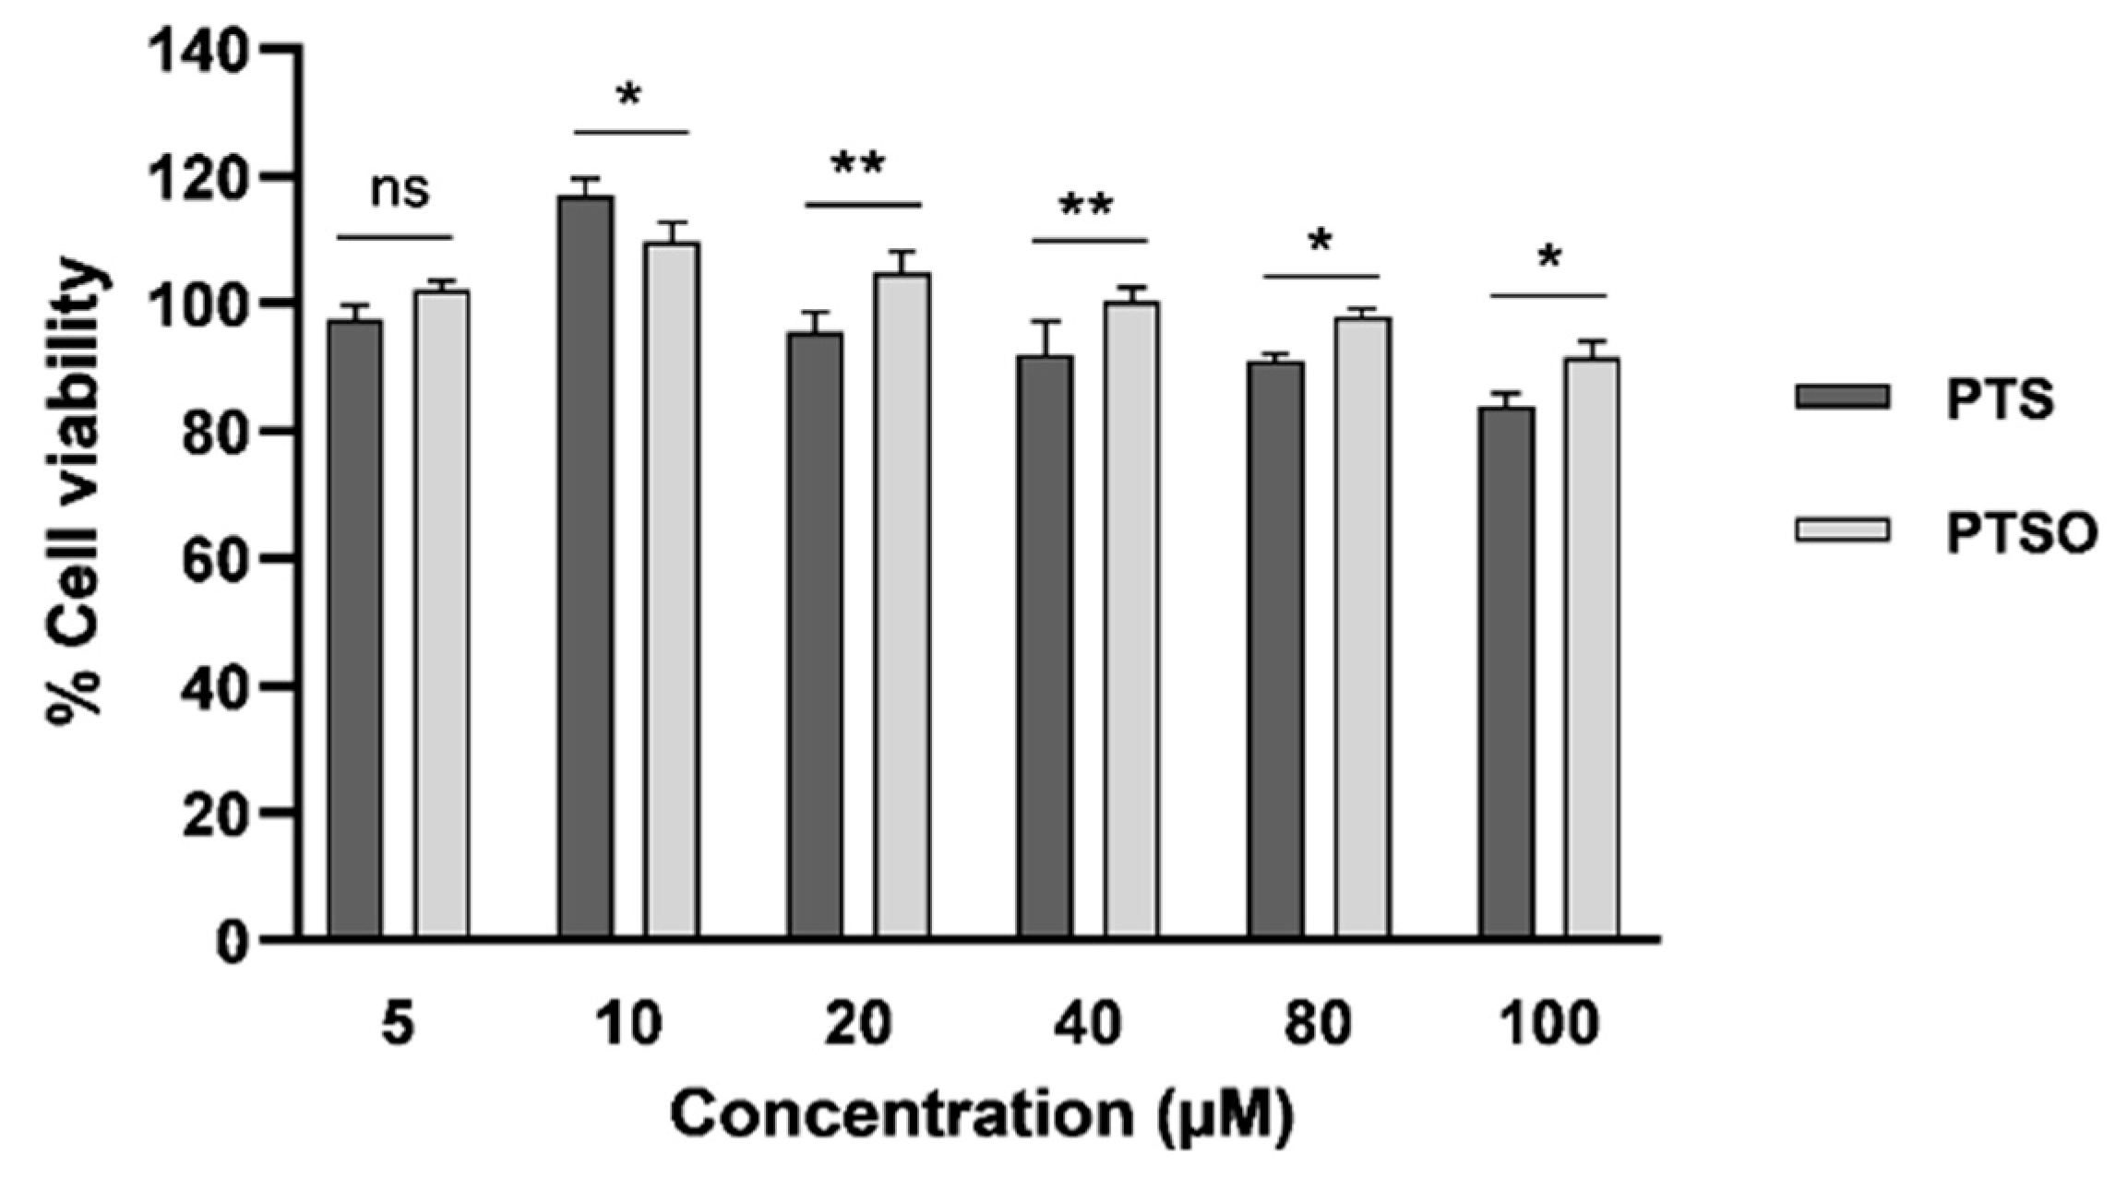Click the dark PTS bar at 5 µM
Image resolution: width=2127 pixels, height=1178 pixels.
point(355,627)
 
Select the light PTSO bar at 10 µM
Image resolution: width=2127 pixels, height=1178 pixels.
point(672,590)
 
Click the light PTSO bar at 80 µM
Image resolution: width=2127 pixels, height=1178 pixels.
point(1363,627)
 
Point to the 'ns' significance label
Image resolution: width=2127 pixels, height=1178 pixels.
point(400,191)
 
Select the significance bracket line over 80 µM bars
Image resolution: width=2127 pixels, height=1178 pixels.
point(1320,276)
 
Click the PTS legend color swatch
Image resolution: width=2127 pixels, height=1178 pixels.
point(1842,397)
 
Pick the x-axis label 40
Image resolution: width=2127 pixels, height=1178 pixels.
point(1092,1024)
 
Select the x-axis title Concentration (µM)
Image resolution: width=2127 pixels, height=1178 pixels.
point(983,1115)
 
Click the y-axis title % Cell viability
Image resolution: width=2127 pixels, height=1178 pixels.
point(76,494)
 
